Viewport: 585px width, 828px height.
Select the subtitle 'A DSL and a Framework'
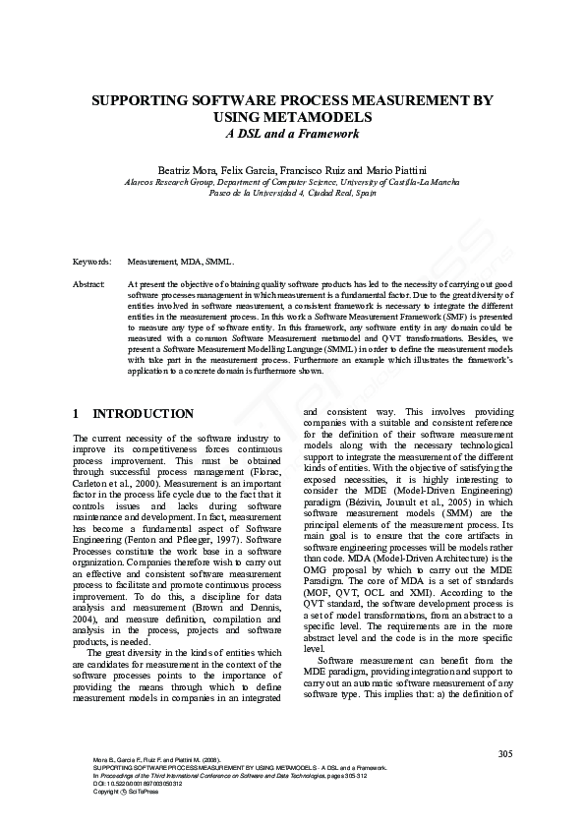coord(292,134)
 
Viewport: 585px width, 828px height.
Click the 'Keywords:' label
coord(91,263)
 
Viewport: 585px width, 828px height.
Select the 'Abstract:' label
coord(90,283)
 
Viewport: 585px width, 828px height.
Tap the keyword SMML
coord(220,263)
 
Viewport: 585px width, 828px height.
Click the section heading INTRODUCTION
coord(142,414)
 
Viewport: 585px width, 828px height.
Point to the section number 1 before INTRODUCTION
coord(78,414)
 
